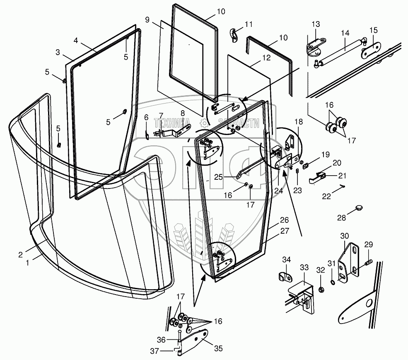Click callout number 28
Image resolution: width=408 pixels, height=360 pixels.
point(341,217)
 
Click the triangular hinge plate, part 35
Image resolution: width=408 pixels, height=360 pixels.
point(198,338)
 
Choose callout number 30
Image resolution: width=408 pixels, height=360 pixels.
point(345,236)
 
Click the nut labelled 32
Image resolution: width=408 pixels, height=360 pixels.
point(321,288)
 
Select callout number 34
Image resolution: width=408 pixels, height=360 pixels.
point(287,260)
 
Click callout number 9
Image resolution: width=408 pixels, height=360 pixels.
point(147,19)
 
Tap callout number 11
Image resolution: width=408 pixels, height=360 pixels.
point(249,24)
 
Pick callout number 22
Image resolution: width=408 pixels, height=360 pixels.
point(327,197)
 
